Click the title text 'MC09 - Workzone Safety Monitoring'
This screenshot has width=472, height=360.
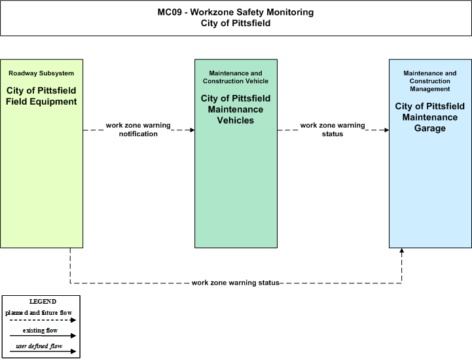(x=236, y=12)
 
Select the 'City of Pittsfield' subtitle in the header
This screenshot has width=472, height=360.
(x=236, y=23)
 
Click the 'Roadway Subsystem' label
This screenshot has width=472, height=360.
(x=41, y=73)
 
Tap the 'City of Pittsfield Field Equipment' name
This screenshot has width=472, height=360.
(x=41, y=96)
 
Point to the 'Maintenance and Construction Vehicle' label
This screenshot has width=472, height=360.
(x=236, y=77)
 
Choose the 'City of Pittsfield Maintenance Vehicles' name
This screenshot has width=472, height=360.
(x=236, y=109)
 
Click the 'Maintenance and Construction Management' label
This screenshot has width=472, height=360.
(x=430, y=81)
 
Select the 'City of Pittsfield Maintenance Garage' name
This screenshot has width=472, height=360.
(x=430, y=117)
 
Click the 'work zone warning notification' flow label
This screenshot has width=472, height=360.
(x=138, y=130)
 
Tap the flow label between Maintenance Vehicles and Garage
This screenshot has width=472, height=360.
(x=333, y=130)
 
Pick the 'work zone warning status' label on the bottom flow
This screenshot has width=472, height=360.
(x=236, y=283)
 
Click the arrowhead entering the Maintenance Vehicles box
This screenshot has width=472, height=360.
(x=192, y=130)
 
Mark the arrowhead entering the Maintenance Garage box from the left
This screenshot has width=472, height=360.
(x=387, y=130)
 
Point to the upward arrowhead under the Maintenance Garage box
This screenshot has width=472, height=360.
(x=401, y=251)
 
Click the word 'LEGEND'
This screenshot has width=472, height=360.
(x=43, y=302)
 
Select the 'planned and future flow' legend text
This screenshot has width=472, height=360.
(x=39, y=313)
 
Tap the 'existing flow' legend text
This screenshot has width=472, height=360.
(x=40, y=331)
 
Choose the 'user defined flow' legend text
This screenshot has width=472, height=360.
(x=39, y=346)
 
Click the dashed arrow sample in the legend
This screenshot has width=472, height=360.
(x=43, y=320)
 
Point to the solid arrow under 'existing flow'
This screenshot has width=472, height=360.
(x=43, y=336)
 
